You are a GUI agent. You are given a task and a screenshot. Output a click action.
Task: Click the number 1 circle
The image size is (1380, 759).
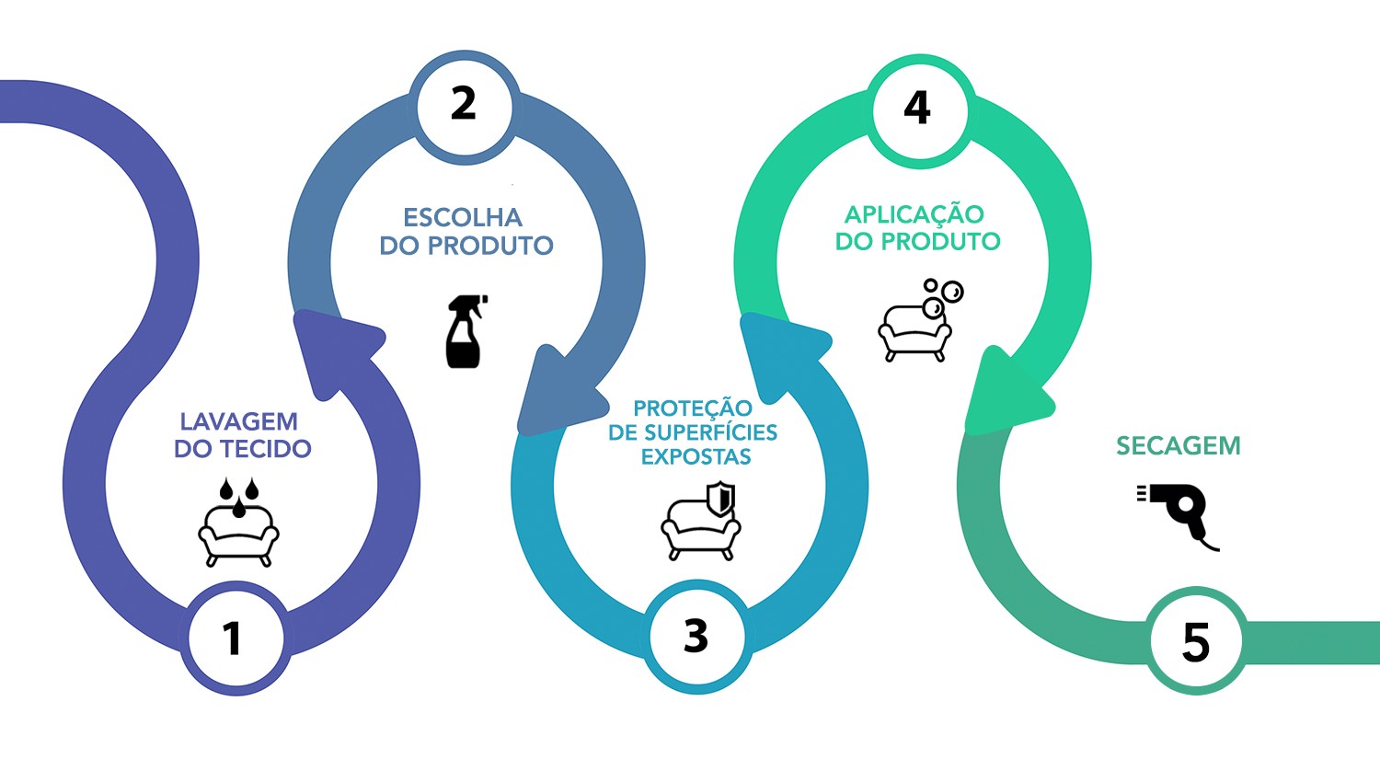point(234,638)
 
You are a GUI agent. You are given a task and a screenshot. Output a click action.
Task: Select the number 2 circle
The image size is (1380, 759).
point(464,105)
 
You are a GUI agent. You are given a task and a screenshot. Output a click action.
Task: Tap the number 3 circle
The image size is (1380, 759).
point(696,636)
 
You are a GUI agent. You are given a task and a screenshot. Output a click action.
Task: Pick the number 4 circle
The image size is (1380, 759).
point(917,108)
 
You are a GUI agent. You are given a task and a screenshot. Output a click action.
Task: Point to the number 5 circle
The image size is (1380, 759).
point(1195,641)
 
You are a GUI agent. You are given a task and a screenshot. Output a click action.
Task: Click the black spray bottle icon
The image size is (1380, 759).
point(466,331)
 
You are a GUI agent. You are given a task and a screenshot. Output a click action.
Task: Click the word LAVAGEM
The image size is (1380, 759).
point(239,421)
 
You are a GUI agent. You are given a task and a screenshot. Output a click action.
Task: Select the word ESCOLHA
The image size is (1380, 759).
point(463,218)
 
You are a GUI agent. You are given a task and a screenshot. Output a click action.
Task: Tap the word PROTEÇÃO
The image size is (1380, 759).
point(693,408)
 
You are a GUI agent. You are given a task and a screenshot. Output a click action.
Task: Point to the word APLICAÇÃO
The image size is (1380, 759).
point(914,214)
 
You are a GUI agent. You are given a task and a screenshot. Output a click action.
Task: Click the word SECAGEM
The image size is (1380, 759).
point(1179,446)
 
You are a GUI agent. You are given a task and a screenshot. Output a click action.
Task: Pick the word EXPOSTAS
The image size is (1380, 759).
point(696,457)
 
